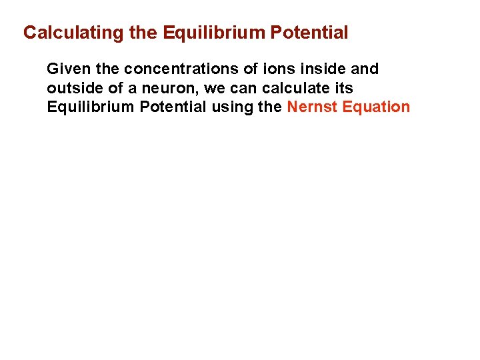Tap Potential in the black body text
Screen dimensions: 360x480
[x=169, y=107]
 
